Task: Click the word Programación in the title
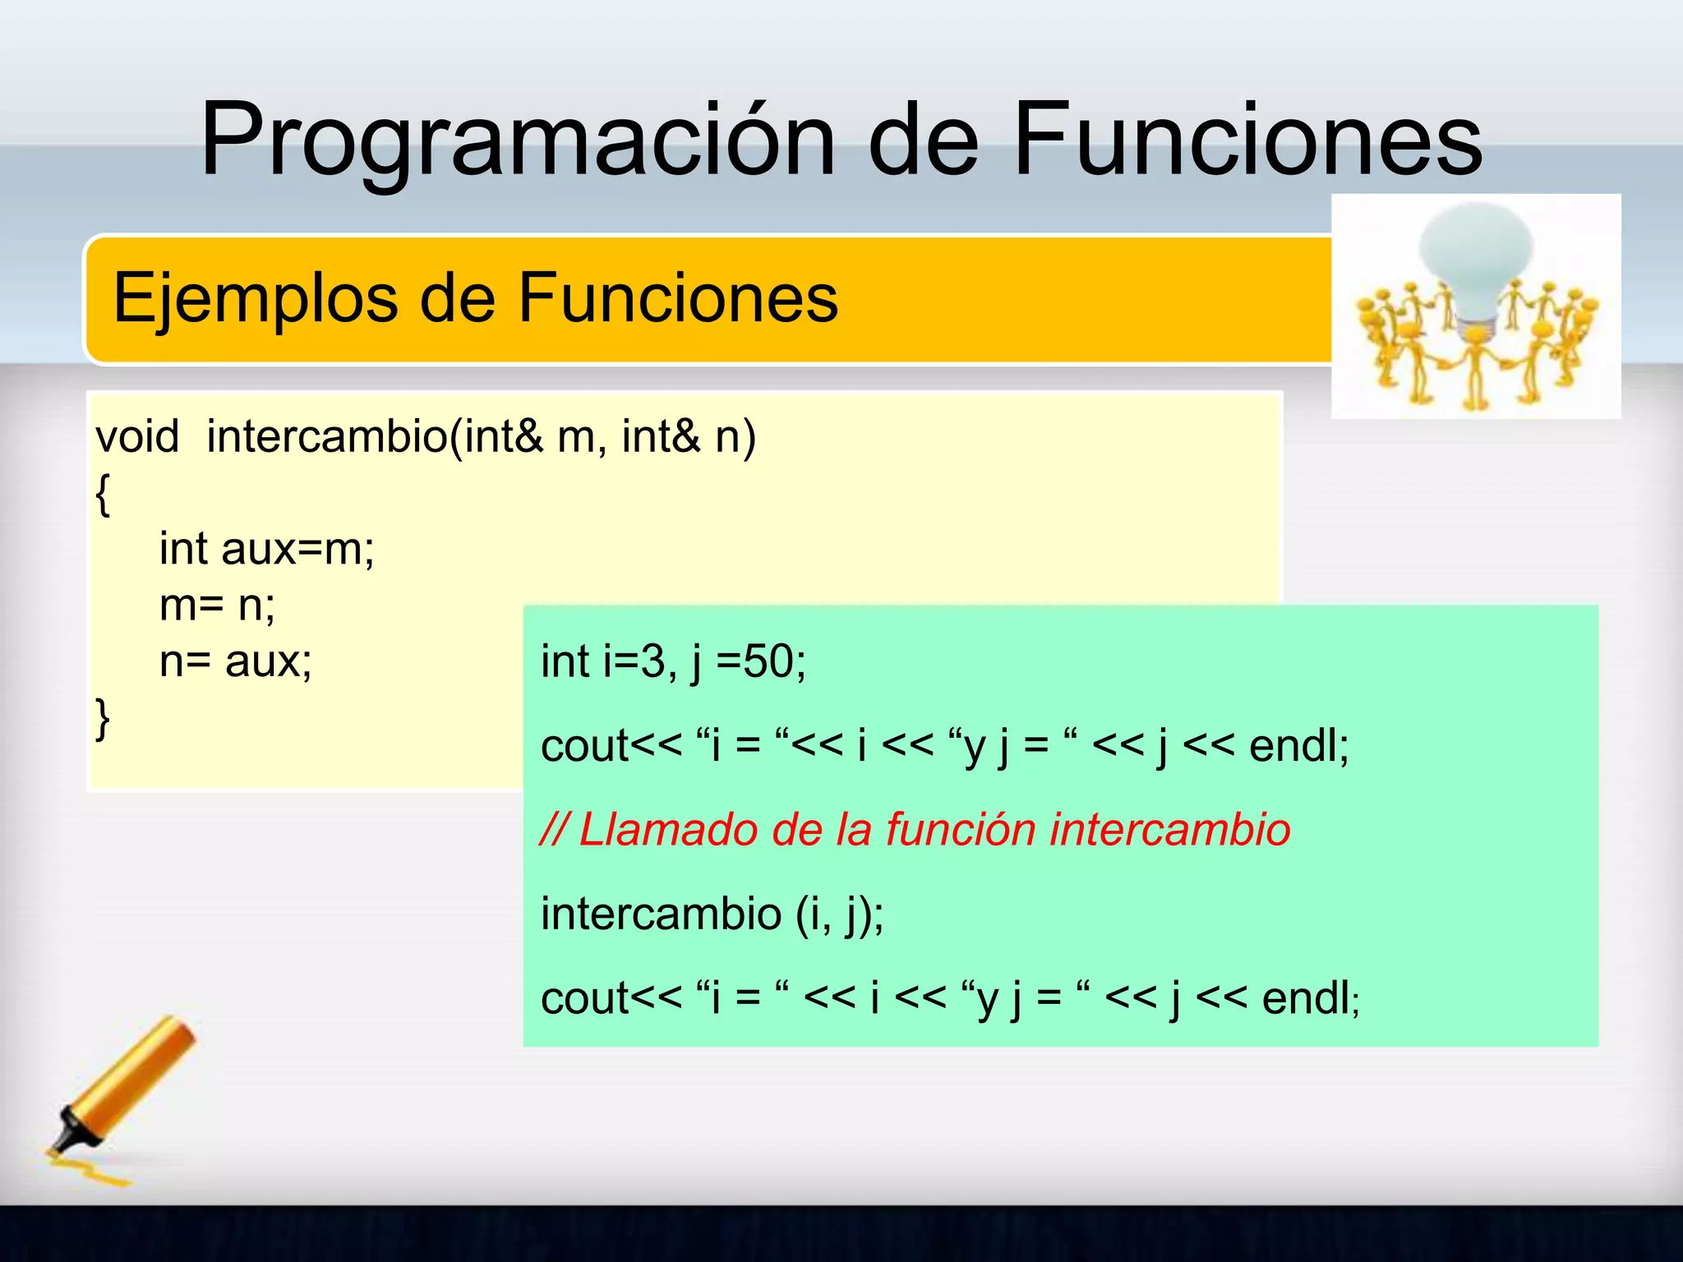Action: coord(518,140)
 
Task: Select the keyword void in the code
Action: coord(137,436)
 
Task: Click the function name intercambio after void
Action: coord(327,436)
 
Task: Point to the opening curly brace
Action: coord(103,495)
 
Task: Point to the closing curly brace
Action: coord(103,719)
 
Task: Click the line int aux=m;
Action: coord(266,549)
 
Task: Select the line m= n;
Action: coord(217,606)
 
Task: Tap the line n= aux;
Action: coord(235,661)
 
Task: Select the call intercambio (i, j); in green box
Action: coord(712,914)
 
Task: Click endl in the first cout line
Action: coord(1297,746)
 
